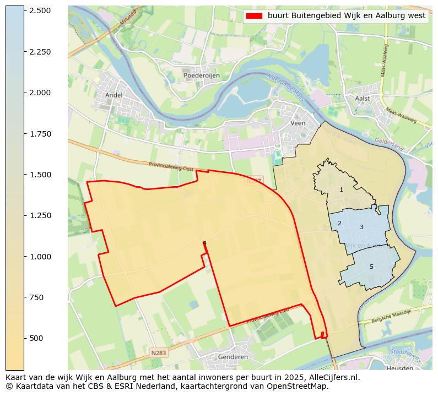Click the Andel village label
click(113, 95)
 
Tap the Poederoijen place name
click(202, 75)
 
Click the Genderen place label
click(232, 357)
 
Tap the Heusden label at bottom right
click(399, 368)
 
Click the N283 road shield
click(158, 352)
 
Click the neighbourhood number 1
click(341, 189)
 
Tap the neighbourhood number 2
click(339, 223)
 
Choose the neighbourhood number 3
click(361, 227)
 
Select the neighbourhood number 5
click(371, 267)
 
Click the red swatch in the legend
click(255, 16)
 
